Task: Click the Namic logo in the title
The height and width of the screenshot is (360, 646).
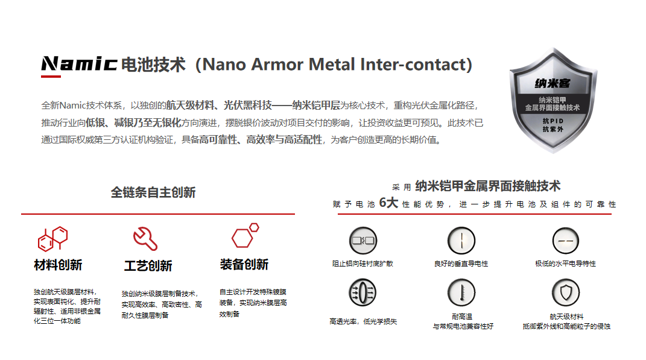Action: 79,64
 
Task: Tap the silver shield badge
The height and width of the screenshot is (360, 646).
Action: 553,100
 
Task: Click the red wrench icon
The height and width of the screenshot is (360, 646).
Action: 145,238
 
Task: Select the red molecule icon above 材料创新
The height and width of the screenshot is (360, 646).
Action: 52,238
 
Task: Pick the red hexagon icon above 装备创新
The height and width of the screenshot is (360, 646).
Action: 245,235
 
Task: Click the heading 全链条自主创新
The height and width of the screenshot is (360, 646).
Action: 153,192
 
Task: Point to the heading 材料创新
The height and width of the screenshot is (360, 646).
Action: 58,265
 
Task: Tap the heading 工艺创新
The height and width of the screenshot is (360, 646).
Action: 148,266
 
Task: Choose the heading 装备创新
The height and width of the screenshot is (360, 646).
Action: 244,265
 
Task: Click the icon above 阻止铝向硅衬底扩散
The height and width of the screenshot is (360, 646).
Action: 363,241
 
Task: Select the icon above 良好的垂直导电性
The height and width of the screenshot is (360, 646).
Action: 461,241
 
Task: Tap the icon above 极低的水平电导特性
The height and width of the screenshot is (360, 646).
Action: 566,241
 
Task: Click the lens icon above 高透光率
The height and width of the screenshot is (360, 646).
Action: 363,292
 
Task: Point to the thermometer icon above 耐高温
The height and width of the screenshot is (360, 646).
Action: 461,292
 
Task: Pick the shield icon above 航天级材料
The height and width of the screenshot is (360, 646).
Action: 566,292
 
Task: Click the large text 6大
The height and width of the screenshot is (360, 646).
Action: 388,203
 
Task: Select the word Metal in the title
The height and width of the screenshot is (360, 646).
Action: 332,65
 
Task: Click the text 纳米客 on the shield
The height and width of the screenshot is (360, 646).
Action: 553,84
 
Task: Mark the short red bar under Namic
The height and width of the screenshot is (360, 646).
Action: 51,76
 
